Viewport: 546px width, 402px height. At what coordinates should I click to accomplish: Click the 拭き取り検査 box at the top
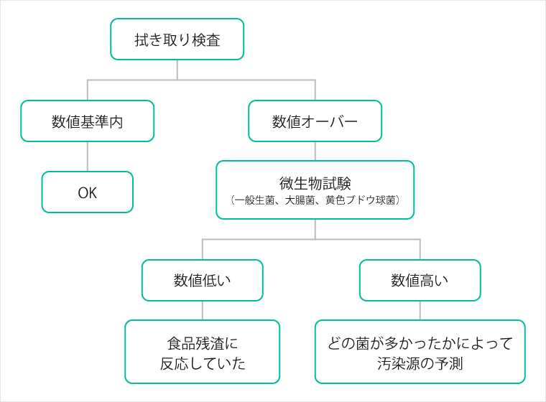pyautogui.click(x=177, y=39)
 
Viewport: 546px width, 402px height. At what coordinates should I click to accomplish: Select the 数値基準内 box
pyautogui.click(x=88, y=121)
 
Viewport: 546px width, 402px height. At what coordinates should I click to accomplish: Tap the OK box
pyautogui.click(x=88, y=192)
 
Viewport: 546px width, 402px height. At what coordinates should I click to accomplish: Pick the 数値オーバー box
pyautogui.click(x=315, y=121)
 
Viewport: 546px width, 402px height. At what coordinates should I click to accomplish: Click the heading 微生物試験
pyautogui.click(x=315, y=184)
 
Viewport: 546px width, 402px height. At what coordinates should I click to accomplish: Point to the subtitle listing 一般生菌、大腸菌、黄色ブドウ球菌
pyautogui.click(x=315, y=200)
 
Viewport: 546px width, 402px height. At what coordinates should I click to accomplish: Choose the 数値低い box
pyautogui.click(x=203, y=280)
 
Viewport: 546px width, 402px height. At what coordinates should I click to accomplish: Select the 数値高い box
pyautogui.click(x=420, y=280)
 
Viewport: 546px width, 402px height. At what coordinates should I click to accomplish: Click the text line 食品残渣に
pyautogui.click(x=203, y=344)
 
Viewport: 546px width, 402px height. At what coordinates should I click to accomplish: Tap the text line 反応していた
pyautogui.click(x=203, y=364)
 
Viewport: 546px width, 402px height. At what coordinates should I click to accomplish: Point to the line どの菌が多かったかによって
pyautogui.click(x=420, y=344)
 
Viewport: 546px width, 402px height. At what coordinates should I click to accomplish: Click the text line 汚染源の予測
pyautogui.click(x=420, y=364)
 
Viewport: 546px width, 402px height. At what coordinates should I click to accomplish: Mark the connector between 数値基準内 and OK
pyautogui.click(x=88, y=156)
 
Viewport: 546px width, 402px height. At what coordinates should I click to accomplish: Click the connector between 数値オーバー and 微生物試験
pyautogui.click(x=315, y=151)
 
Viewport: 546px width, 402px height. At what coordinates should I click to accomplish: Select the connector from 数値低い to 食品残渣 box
pyautogui.click(x=203, y=310)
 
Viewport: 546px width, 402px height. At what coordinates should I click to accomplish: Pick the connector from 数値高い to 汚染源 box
pyautogui.click(x=420, y=310)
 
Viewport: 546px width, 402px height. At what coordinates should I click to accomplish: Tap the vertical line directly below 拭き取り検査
pyautogui.click(x=177, y=70)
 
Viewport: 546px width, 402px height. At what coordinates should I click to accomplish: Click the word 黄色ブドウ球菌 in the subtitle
pyautogui.click(x=361, y=200)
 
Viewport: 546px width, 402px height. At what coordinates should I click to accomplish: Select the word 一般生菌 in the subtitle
pyautogui.click(x=254, y=200)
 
